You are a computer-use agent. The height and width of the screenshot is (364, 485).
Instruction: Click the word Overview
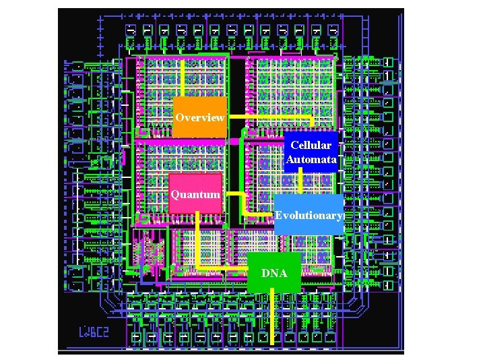pos(199,117)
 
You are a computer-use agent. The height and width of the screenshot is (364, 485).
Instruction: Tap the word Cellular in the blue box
pos(311,146)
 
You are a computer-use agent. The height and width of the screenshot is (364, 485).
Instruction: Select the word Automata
pos(311,160)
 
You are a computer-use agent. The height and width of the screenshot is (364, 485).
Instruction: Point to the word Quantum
pos(195,195)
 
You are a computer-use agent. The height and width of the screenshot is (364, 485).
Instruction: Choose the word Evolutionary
pos(309,216)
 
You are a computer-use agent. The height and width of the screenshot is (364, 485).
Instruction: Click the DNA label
pos(274,273)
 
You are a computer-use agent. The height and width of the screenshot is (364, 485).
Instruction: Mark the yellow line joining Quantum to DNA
pos(198,243)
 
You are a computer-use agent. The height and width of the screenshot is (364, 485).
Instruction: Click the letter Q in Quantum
pos(175,195)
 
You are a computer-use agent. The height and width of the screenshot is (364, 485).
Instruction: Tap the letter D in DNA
pos(265,273)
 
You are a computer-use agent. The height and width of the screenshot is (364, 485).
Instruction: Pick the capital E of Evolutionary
pos(278,216)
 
